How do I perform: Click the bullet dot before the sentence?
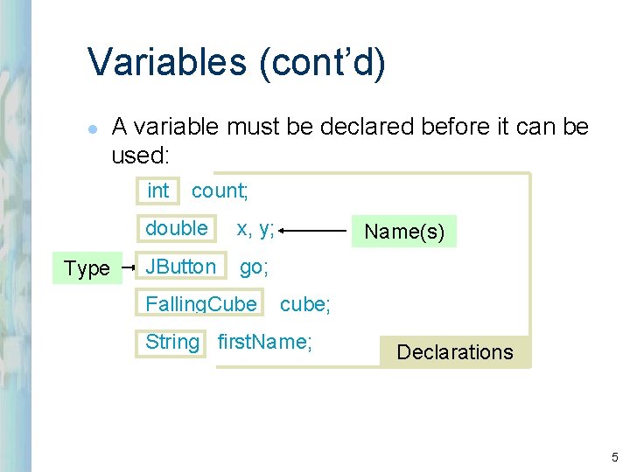coord(93,128)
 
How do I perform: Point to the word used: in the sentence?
coord(143,156)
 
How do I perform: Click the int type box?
coord(158,191)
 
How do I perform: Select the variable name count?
coord(220,191)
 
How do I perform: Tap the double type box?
coord(177,228)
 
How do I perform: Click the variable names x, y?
coord(255,229)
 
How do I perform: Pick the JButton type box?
coord(180,266)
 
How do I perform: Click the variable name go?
coord(254,267)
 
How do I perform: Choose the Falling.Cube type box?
coord(201,303)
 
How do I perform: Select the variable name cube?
coord(303,304)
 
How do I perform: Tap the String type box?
coord(172,342)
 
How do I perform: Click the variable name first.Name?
coord(264,342)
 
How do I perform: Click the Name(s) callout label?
coord(404,232)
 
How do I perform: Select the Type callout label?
coord(87,268)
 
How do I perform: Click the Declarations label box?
coord(454,352)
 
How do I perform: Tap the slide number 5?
coord(614,457)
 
